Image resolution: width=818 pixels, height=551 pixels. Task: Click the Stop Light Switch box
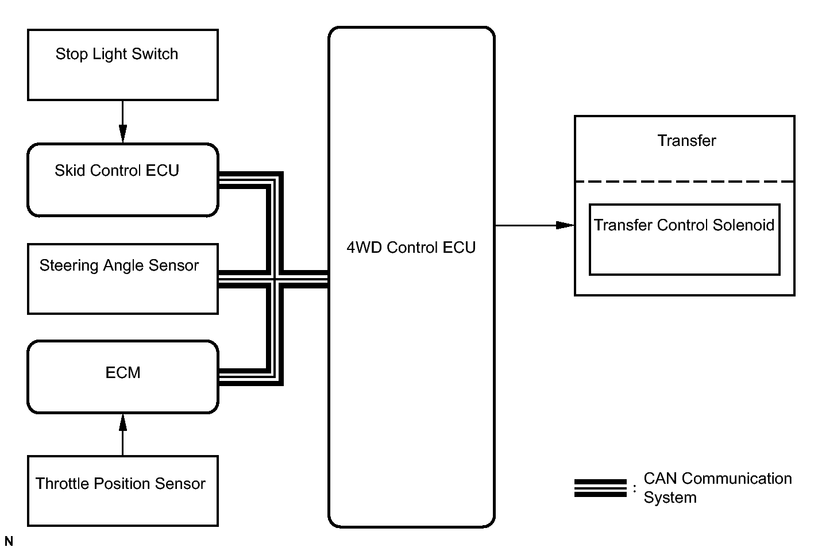point(122,65)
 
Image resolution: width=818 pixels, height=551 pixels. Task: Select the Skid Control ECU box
point(122,180)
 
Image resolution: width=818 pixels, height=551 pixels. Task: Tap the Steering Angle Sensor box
point(122,279)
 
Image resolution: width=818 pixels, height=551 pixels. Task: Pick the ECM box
point(122,376)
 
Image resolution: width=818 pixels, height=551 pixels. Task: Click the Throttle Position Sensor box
point(122,491)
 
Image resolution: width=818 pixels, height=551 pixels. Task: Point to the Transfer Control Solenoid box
point(684,239)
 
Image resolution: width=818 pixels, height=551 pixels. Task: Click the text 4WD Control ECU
point(411,248)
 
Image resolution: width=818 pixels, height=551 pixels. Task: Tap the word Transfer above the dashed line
point(686,141)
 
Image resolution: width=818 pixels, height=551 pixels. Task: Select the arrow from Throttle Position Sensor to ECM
point(122,434)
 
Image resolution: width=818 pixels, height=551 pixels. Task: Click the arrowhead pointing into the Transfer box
point(566,225)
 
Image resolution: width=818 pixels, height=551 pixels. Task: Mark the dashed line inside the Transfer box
point(684,182)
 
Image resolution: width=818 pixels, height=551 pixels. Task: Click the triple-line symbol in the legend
point(600,488)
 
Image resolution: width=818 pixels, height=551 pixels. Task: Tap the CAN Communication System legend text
point(717,488)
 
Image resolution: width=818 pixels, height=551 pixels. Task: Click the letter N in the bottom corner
point(9,542)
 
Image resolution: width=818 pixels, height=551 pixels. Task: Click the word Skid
point(68,171)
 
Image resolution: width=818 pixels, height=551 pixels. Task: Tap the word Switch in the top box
point(155,54)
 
